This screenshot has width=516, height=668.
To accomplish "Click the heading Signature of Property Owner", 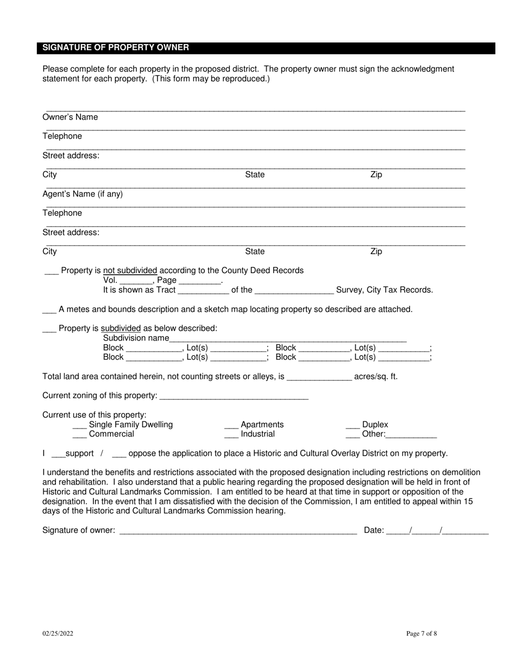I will (116, 48).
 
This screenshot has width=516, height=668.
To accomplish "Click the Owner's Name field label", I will (70, 117).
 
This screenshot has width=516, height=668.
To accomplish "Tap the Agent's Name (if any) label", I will (83, 194).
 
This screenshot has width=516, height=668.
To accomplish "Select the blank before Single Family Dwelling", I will (79, 425).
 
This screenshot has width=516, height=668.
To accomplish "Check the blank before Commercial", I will (79, 434).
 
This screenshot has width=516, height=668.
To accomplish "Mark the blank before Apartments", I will (231, 425).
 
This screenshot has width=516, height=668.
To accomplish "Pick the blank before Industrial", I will (231, 434).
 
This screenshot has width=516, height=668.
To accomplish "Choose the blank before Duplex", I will (353, 425).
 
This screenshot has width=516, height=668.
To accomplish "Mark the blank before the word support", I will (58, 454).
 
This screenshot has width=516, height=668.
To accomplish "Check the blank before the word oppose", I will (119, 454).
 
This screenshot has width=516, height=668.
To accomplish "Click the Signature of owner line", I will (237, 531).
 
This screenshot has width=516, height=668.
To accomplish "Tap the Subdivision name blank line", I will (288, 339).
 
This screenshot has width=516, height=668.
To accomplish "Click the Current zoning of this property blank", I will (234, 396).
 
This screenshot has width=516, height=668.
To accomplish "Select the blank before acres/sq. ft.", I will (319, 377).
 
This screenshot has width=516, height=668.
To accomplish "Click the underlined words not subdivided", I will (130, 270).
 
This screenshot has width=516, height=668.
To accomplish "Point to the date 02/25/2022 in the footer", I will (58, 633).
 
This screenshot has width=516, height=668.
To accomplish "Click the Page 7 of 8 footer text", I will (421, 633).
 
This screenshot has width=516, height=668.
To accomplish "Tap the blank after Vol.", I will (136, 281).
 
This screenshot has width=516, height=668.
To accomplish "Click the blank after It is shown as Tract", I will (203, 291).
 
